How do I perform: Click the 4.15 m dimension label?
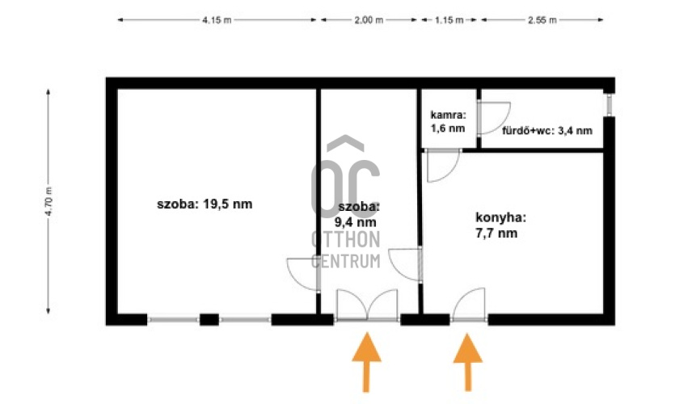pyautogui.click(x=217, y=20)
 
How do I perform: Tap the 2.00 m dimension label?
pyautogui.click(x=369, y=20)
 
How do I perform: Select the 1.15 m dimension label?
pyautogui.click(x=449, y=20)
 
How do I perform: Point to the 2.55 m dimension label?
pyautogui.click(x=542, y=20)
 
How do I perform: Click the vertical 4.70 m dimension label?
pyautogui.click(x=49, y=201)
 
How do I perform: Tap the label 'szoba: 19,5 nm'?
pyautogui.click(x=205, y=204)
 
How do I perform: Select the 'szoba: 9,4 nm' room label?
pyautogui.click(x=358, y=214)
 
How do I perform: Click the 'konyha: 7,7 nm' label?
pyautogui.click(x=500, y=225)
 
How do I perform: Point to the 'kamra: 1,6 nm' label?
pyautogui.click(x=448, y=122)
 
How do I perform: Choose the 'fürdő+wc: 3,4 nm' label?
pyautogui.click(x=547, y=131)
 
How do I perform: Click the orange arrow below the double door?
pyautogui.click(x=366, y=362)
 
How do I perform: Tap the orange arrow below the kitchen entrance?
pyautogui.click(x=468, y=362)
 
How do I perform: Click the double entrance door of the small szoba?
pyautogui.click(x=367, y=305)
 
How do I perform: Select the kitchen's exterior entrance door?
pyautogui.click(x=469, y=305)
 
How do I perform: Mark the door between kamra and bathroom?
pyautogui.click(x=493, y=118)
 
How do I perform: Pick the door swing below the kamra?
pyautogui.click(x=443, y=166)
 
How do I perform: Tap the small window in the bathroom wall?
pyautogui.click(x=609, y=105)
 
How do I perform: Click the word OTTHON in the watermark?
pyautogui.click(x=345, y=239)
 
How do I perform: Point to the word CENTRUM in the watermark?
pyautogui.click(x=345, y=261)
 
